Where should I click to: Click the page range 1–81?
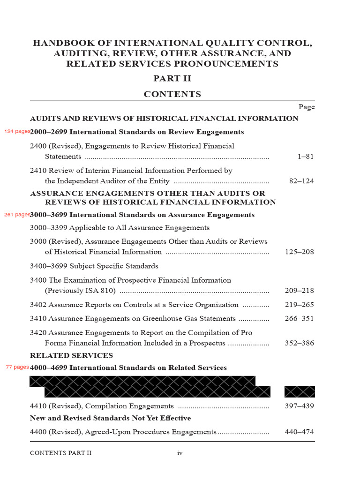306,157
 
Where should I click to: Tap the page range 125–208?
300,252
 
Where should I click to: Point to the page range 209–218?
300,291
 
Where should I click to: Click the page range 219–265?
300,305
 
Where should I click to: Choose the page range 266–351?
300,319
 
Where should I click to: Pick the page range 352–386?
300,343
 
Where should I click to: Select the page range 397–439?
300,406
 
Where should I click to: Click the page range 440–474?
300,432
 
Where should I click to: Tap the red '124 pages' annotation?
17,131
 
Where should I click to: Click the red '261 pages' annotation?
17,215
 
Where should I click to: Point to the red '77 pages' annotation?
17,367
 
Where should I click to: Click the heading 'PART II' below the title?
172,78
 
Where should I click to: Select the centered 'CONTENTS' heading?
172,94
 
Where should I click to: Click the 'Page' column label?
307,107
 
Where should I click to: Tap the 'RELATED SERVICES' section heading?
71,355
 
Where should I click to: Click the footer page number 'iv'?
180,453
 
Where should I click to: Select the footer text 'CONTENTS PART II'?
61,453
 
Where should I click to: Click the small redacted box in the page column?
300,392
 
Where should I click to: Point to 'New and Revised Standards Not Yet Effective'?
110,418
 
